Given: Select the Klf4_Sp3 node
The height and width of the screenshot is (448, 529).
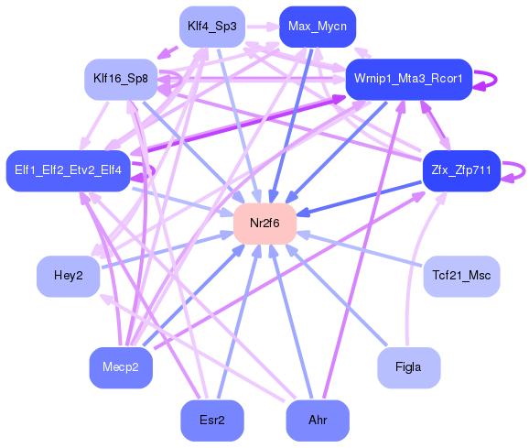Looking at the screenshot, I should pyautogui.click(x=211, y=27).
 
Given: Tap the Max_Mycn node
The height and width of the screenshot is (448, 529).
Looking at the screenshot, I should pyautogui.click(x=317, y=27).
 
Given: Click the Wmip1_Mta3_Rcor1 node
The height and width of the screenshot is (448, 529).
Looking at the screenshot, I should pyautogui.click(x=408, y=80).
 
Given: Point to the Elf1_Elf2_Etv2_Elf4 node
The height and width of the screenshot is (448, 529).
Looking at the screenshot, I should pyautogui.click(x=68, y=169).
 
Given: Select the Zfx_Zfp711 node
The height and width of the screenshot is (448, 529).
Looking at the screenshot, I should pyautogui.click(x=460, y=169).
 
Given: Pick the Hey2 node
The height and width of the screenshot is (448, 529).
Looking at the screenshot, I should pyautogui.click(x=68, y=276).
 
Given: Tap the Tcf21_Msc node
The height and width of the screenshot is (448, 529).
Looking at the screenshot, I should pyautogui.click(x=461, y=276).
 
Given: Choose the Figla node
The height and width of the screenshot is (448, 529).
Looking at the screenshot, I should pyautogui.click(x=408, y=366).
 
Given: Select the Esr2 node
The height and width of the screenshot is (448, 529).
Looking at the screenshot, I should pyautogui.click(x=211, y=420).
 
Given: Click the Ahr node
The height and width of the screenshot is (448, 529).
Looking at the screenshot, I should pyautogui.click(x=318, y=420).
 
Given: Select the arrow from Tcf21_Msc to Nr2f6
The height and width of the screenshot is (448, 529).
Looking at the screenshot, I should pyautogui.click(x=362, y=249).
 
